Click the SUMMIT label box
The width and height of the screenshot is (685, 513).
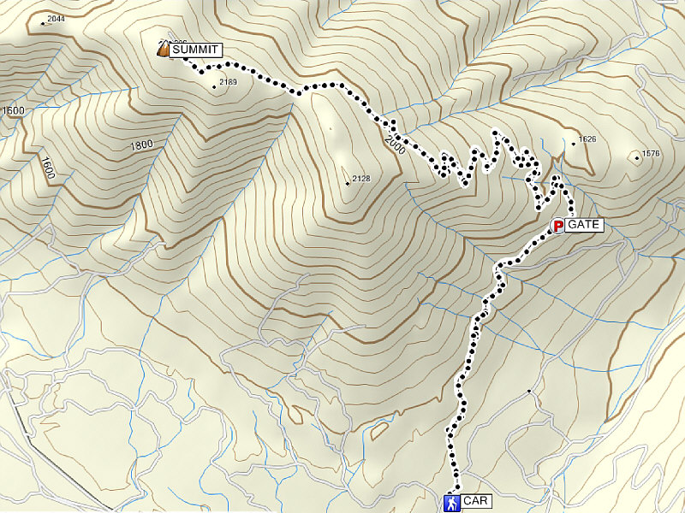tap(196, 50)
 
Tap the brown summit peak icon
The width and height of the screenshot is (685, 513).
tap(163, 50)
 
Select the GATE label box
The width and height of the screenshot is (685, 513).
tap(585, 226)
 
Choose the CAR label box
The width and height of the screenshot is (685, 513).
tap(475, 502)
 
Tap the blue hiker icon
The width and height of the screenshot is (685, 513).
tap(451, 503)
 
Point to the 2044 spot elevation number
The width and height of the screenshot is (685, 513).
tap(57, 19)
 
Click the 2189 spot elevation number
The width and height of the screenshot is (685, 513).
tap(228, 82)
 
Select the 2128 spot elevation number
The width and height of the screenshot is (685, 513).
tap(360, 179)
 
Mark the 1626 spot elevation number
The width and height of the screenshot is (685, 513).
tap(587, 139)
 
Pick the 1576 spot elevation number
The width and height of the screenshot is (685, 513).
tap(651, 154)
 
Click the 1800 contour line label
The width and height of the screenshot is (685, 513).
tap(141, 145)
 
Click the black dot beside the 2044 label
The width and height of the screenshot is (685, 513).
tap(43, 23)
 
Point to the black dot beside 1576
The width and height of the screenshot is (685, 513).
tap(636, 156)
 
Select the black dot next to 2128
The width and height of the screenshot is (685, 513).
tap(347, 183)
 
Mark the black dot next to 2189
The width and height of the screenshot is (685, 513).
tap(214, 86)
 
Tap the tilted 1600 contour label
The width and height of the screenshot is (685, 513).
tap(47, 168)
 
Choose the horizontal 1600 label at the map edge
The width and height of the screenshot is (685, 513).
tap(13, 111)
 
